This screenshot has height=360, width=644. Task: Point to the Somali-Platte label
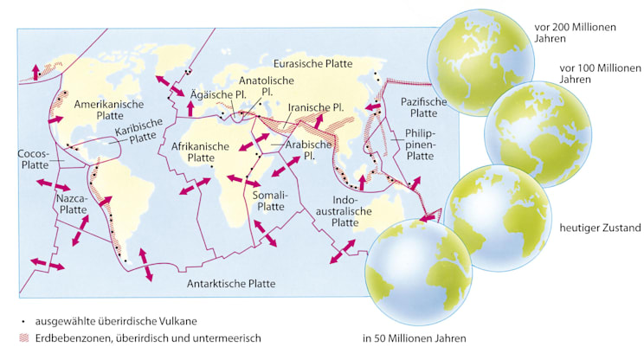[x=269, y=201]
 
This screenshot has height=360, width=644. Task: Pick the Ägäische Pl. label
[x=215, y=94]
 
